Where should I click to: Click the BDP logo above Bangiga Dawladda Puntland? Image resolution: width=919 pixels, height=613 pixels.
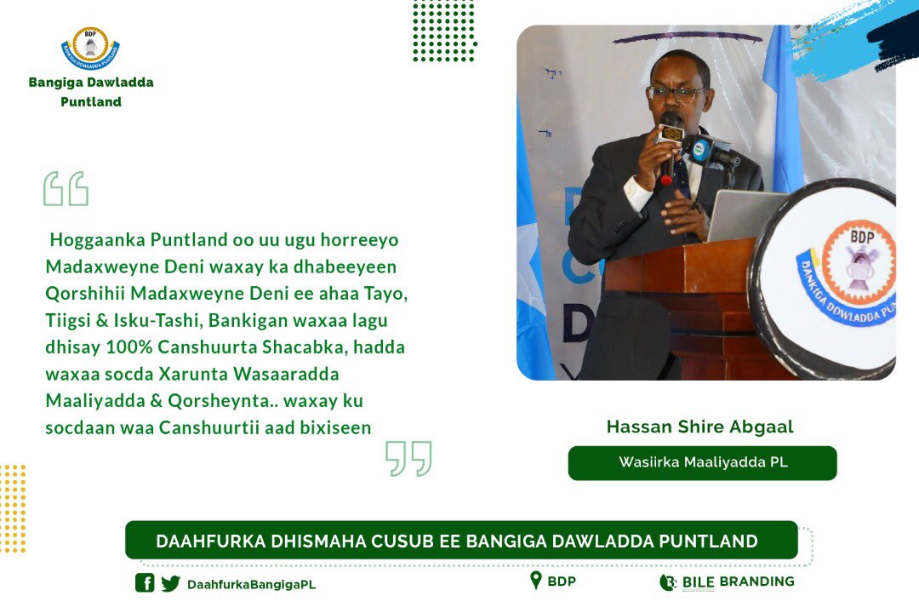[90, 49]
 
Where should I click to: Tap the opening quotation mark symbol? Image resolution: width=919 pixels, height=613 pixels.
[66, 189]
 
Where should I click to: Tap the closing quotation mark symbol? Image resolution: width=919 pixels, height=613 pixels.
[408, 459]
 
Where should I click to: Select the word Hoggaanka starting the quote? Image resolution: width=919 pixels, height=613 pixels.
[94, 240]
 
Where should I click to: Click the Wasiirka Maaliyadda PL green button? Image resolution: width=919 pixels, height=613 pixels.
[702, 463]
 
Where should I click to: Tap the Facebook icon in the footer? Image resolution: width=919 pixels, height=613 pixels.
[145, 583]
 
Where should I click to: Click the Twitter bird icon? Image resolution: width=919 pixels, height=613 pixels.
[171, 583]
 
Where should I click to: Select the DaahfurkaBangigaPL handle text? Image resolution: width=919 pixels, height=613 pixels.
[251, 584]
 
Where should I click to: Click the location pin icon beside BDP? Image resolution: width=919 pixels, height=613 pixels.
[535, 581]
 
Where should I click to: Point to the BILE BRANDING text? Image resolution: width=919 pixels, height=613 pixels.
[737, 581]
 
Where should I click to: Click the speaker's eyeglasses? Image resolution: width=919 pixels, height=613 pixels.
[676, 92]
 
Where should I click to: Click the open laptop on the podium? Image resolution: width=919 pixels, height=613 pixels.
[745, 215]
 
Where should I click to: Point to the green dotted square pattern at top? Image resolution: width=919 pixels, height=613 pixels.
[443, 31]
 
